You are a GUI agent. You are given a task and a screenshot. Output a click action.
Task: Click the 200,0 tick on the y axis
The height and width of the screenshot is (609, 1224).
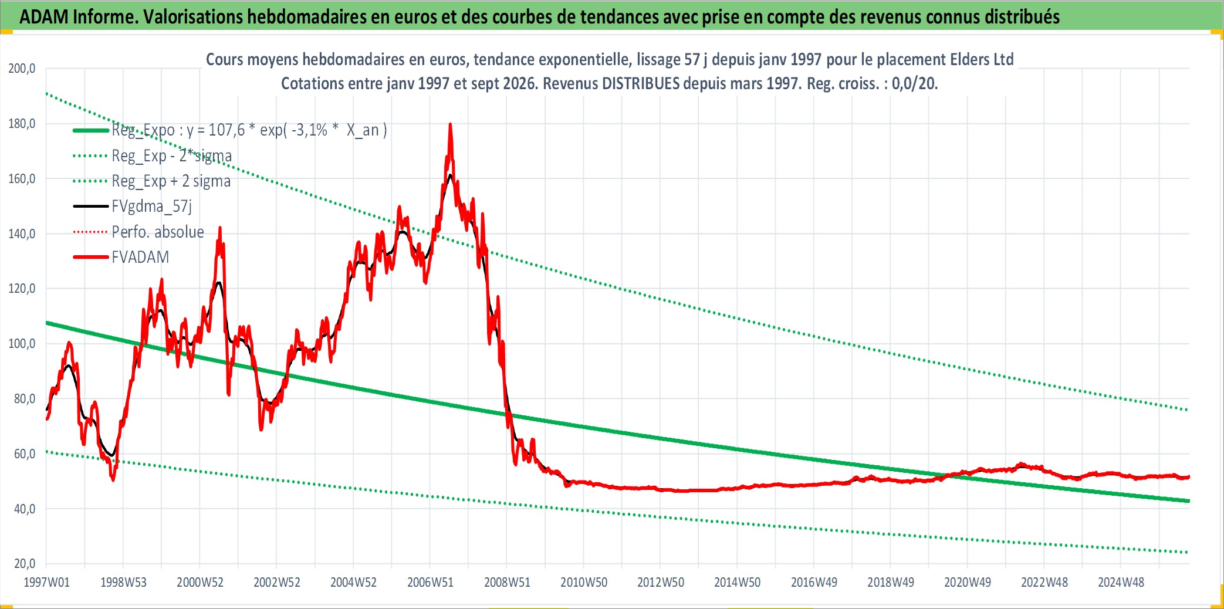coord(22,69)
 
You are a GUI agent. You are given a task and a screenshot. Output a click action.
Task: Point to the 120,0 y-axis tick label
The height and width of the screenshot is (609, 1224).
coord(22,289)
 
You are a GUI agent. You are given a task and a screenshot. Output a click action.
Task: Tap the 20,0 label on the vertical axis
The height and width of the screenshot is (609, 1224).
coord(24,564)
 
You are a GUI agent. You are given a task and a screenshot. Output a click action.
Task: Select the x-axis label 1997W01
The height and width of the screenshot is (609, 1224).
coord(46,583)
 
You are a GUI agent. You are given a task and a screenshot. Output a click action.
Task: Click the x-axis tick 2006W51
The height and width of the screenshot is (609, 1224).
coord(430,583)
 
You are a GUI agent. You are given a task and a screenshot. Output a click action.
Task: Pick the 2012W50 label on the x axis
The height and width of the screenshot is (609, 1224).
coord(661,583)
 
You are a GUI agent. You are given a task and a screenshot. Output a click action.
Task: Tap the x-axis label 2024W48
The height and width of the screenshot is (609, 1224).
coord(1121,583)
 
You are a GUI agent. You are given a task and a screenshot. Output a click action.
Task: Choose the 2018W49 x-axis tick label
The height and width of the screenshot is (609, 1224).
coord(891,583)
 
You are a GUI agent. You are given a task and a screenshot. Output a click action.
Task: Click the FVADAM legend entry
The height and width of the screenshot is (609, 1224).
coord(140,257)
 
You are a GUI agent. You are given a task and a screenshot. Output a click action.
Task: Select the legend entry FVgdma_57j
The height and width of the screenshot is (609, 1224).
coord(151,206)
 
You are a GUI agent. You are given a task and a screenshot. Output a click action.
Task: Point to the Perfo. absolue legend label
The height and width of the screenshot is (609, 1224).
coord(158,232)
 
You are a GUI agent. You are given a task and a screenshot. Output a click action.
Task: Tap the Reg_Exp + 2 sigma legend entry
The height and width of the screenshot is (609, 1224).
coord(171,181)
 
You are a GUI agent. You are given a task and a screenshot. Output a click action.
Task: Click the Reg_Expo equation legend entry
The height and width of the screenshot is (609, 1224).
coord(249,130)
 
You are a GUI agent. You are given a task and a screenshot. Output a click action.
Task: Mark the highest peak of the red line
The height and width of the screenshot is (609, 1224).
coord(450,124)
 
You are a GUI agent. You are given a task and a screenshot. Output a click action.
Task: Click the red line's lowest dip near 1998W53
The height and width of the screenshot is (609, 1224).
coord(113,481)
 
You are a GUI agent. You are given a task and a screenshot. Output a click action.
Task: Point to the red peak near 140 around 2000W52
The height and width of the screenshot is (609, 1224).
coord(220,228)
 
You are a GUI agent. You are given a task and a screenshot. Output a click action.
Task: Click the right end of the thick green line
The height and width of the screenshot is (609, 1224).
coord(1189,501)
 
